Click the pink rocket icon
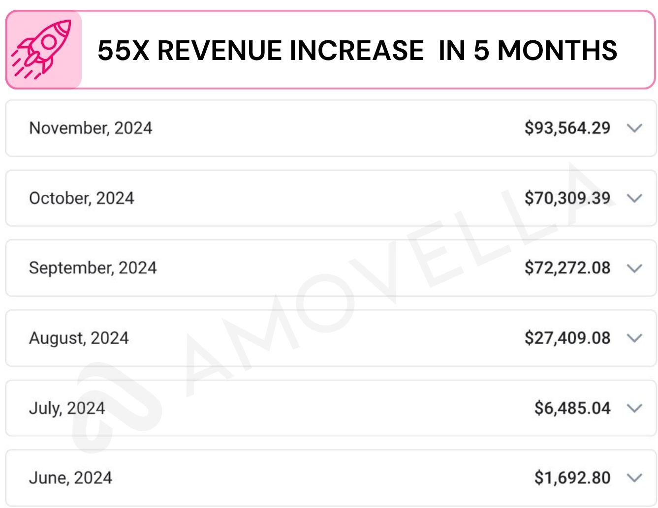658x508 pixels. pos(43,50)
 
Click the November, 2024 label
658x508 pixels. pos(91,128)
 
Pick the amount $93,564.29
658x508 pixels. pos(567,128)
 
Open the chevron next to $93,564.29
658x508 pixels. pos(635,128)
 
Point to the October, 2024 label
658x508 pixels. pos(82,198)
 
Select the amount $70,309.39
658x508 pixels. pos(567,198)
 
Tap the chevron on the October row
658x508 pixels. pos(635,198)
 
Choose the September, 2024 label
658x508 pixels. pos(93,268)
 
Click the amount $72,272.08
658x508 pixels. pos(567,268)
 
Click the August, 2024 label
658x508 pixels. pos(79,338)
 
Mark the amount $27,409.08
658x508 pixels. pos(567,338)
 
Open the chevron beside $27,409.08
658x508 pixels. pos(635,338)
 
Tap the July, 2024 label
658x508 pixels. pos(67,408)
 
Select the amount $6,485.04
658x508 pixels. pos(572,408)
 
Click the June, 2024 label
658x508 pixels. pos(70,478)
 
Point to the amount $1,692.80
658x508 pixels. pos(572,478)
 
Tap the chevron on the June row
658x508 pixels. pos(635,478)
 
